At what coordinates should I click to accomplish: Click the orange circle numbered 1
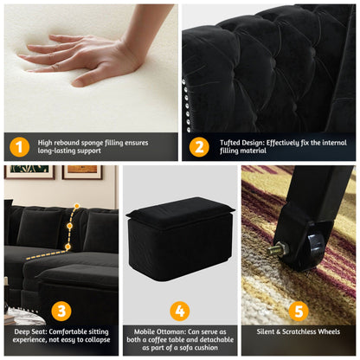pyautogui.click(x=21, y=147)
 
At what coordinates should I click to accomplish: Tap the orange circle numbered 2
pyautogui.click(x=199, y=147)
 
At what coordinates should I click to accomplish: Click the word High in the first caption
pyautogui.click(x=47, y=142)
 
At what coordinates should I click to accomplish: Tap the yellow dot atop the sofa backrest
pyautogui.click(x=77, y=207)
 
